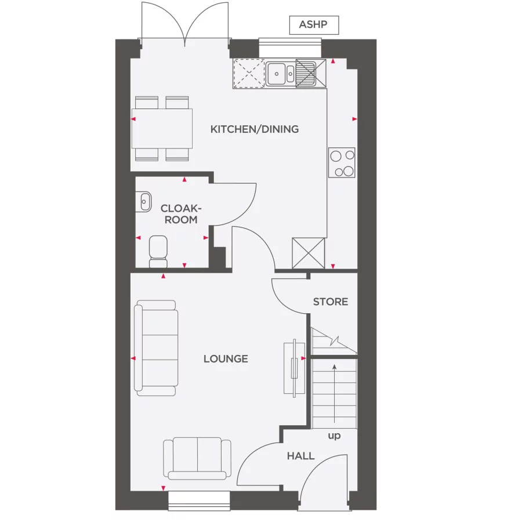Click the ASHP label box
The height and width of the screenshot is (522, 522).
[x=314, y=25]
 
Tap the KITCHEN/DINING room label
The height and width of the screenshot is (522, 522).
[x=255, y=129]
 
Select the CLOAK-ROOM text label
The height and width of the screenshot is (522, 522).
[x=181, y=214]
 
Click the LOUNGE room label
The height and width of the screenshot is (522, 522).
[x=226, y=359]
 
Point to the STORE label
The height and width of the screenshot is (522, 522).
[x=331, y=302]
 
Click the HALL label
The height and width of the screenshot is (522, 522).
[x=300, y=456]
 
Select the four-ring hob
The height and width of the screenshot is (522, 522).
[x=342, y=162]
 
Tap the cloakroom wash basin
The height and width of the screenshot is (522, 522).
[x=144, y=201]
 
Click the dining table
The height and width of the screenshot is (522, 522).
[x=162, y=128]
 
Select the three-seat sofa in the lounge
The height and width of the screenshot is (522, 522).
[x=155, y=348]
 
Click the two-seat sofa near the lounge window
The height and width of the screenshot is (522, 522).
[x=197, y=458]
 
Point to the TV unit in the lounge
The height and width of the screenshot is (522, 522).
[x=294, y=368]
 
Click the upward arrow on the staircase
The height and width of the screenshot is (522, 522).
[x=335, y=394]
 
